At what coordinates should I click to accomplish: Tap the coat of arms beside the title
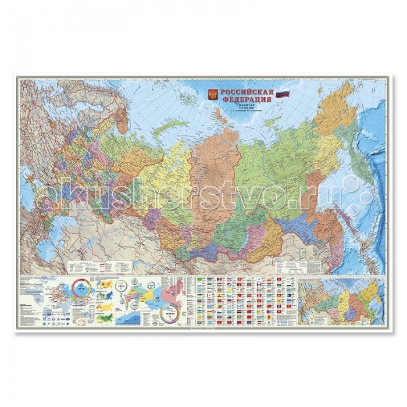pyautogui.click(x=213, y=95)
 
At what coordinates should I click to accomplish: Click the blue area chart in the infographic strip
pyautogui.click(x=129, y=317)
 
